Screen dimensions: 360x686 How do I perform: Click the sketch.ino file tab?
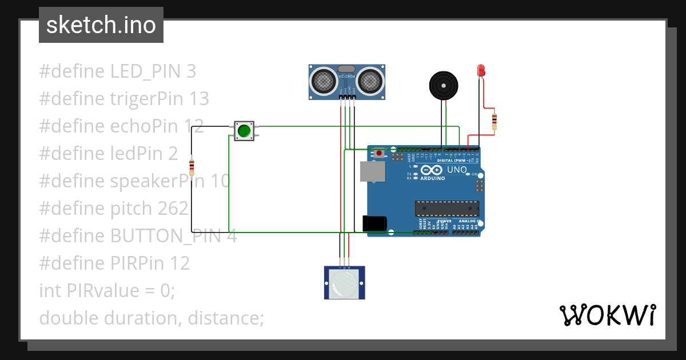(101, 25)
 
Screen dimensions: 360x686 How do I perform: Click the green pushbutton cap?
(244, 131)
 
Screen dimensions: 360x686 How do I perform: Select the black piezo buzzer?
(444, 85)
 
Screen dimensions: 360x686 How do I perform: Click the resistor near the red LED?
(494, 121)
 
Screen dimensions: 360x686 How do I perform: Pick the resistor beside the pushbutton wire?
(192, 167)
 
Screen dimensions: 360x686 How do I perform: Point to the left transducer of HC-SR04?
(323, 81)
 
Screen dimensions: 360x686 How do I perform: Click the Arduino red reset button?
(378, 153)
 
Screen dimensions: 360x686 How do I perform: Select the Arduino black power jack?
(374, 223)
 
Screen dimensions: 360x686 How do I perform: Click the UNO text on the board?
(457, 170)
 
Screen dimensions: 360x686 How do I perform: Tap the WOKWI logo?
(607, 315)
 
